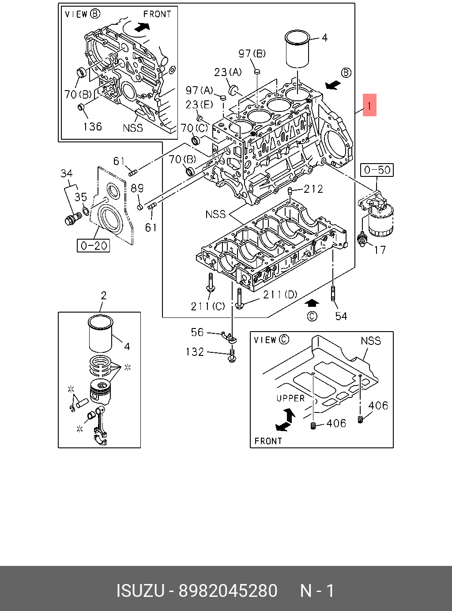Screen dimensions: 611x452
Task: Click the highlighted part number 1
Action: click(369, 105)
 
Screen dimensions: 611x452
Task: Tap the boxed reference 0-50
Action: click(377, 170)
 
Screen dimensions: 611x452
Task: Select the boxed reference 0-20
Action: click(94, 245)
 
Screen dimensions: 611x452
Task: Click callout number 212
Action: click(313, 189)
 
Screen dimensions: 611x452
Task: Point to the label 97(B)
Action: click(252, 53)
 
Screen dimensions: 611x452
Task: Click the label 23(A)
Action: click(228, 72)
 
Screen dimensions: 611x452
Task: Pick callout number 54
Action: click(341, 316)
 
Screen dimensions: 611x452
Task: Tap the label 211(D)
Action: click(280, 294)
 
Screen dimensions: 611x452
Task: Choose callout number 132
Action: click(195, 352)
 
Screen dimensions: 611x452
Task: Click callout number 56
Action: click(197, 332)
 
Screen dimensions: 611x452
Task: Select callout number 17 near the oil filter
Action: click(380, 250)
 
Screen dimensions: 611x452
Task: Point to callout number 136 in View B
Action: click(92, 127)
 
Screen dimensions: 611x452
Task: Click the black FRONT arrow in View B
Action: click(141, 27)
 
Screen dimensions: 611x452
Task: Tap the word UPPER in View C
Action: click(290, 398)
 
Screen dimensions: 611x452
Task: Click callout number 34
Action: click(67, 173)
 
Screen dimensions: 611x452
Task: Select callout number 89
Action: click(137, 188)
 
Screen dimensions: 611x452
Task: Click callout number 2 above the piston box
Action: click(103, 295)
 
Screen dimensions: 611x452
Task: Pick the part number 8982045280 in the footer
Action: click(228, 591)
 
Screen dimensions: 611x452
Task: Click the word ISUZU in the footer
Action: click(140, 591)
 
